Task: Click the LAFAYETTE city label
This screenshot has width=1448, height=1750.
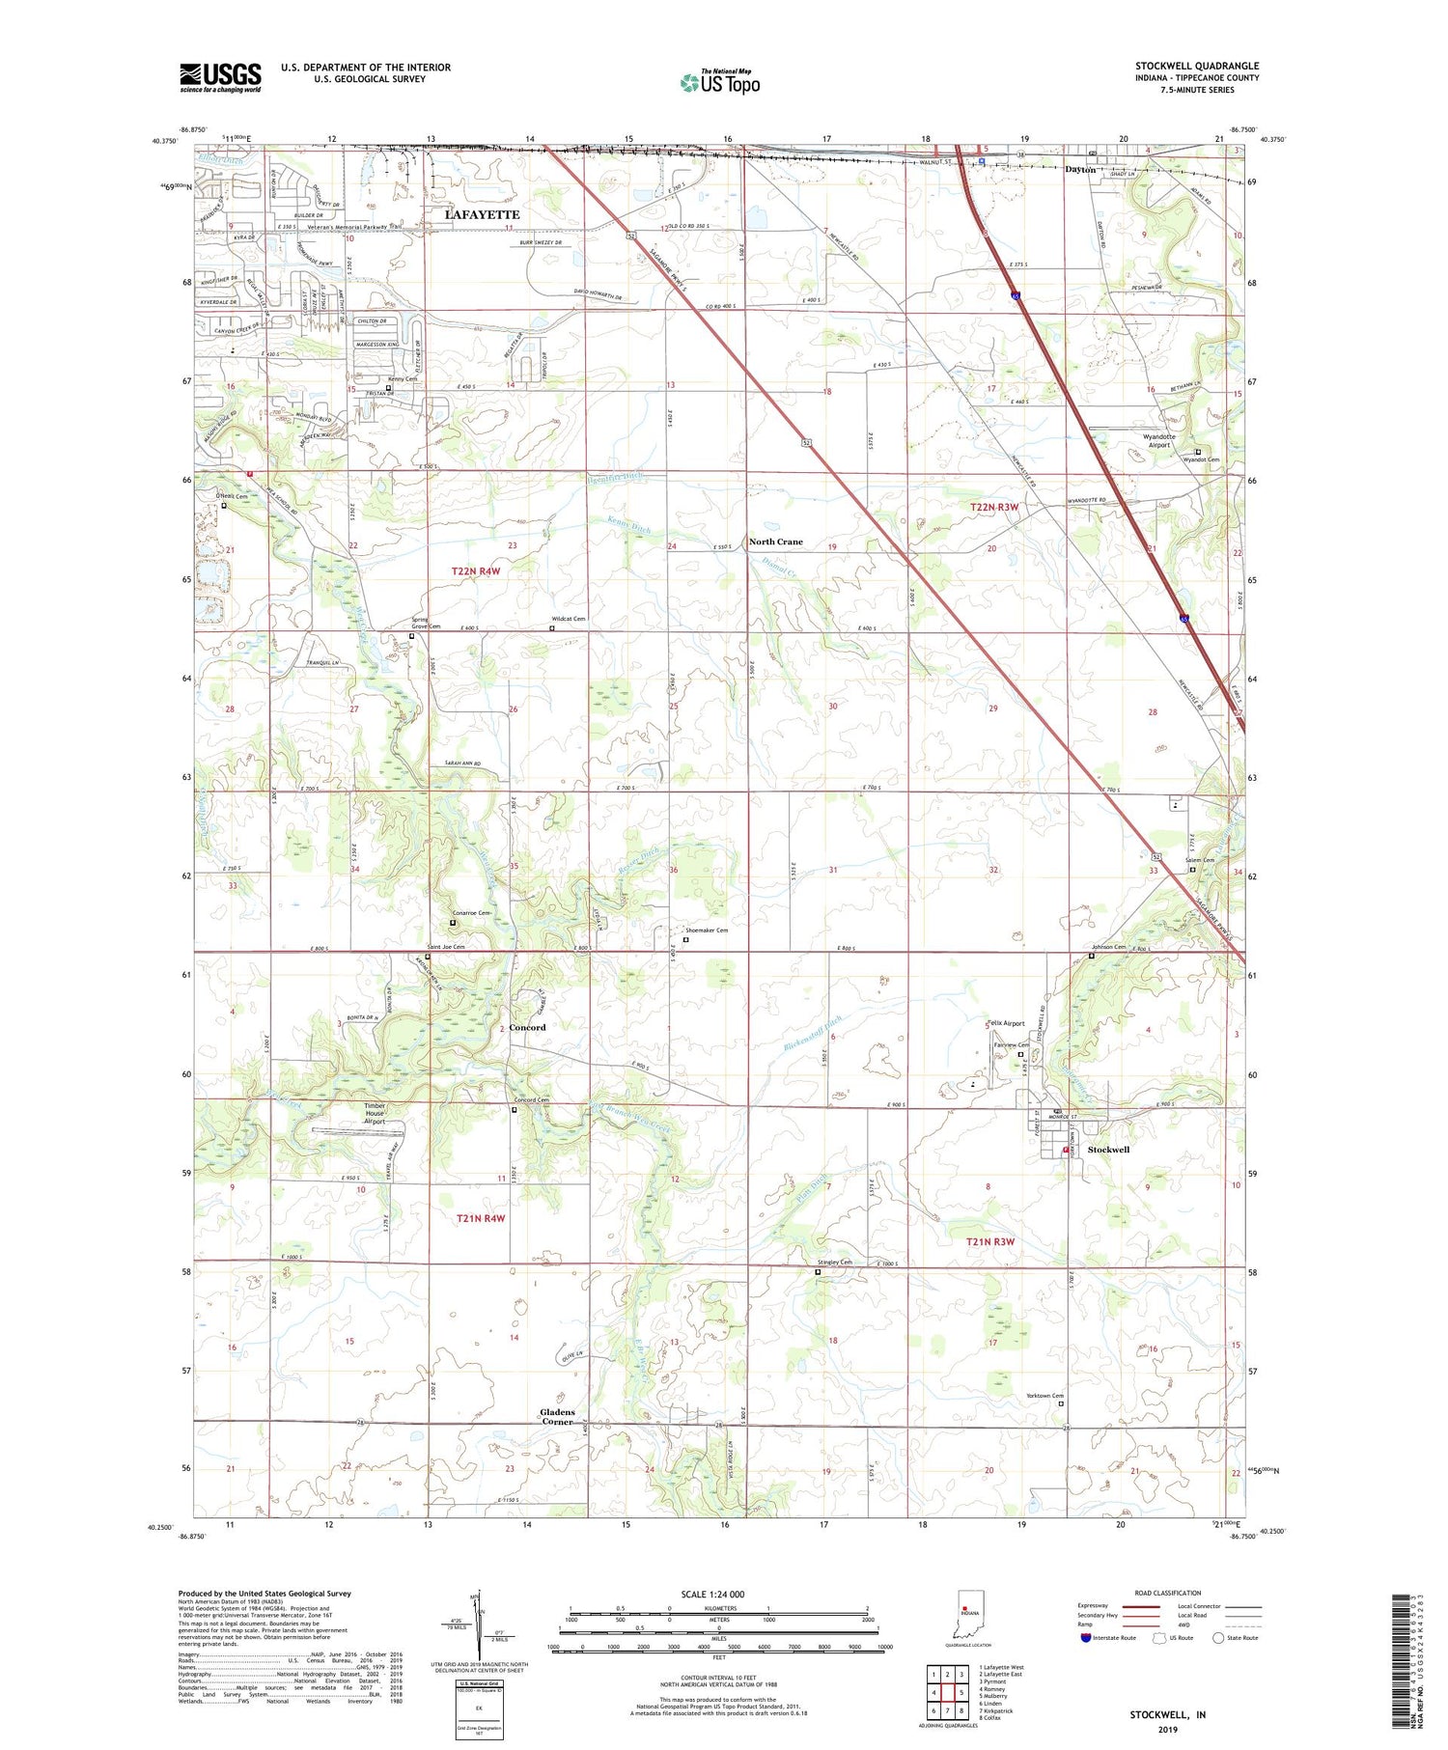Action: [x=482, y=214]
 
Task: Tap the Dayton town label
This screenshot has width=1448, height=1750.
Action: [x=1080, y=169]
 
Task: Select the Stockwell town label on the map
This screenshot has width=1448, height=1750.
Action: [x=1108, y=1150]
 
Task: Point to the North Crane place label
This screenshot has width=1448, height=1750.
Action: [x=776, y=542]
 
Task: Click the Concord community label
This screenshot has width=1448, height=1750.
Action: [x=528, y=1027]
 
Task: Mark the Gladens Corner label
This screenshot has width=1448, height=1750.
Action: [x=558, y=1416]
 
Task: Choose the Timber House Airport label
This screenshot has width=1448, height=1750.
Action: [x=374, y=1114]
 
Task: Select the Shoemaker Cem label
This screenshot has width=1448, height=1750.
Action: [x=707, y=931]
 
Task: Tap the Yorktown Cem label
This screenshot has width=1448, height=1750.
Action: [x=1044, y=1396]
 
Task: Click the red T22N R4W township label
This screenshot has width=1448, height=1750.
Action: [x=476, y=571]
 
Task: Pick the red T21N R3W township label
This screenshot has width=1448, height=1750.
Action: [x=990, y=1241]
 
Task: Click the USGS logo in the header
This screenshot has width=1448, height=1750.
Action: [x=220, y=77]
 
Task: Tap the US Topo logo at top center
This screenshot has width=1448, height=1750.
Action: [x=719, y=82]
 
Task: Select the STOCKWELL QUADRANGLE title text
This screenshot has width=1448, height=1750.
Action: [x=1197, y=66]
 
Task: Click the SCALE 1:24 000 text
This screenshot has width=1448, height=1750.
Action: [x=710, y=1594]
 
